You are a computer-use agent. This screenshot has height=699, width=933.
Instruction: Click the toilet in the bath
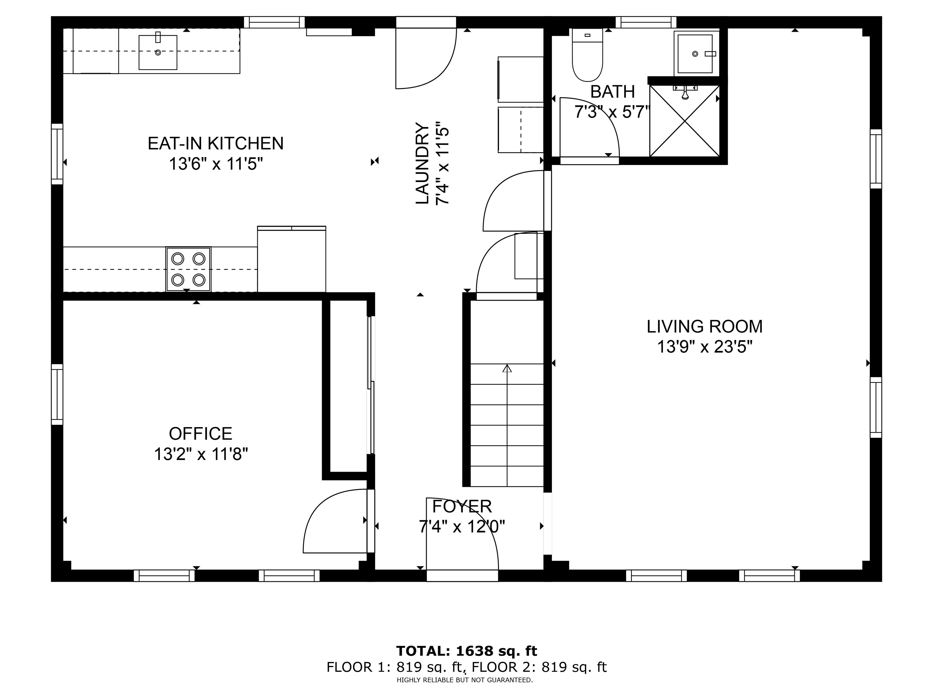coord(587,59)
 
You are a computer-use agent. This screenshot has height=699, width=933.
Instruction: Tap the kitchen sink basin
coord(158,52)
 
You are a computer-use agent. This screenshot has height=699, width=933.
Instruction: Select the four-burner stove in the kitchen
coord(188,269)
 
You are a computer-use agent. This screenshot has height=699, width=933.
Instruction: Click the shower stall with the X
coord(684,120)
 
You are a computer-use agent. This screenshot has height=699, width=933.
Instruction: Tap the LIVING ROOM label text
coord(704,326)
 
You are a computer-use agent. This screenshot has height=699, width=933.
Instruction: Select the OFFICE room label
coord(200,434)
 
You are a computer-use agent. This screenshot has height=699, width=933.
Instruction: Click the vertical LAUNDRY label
coord(422,164)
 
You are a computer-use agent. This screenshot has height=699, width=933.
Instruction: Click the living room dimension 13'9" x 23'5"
coord(704,347)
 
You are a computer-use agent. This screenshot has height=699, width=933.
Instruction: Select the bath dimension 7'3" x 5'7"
coord(612,112)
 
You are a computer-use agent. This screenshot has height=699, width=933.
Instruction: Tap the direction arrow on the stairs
coord(507,369)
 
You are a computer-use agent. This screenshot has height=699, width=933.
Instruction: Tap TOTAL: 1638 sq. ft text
coord(466,651)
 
